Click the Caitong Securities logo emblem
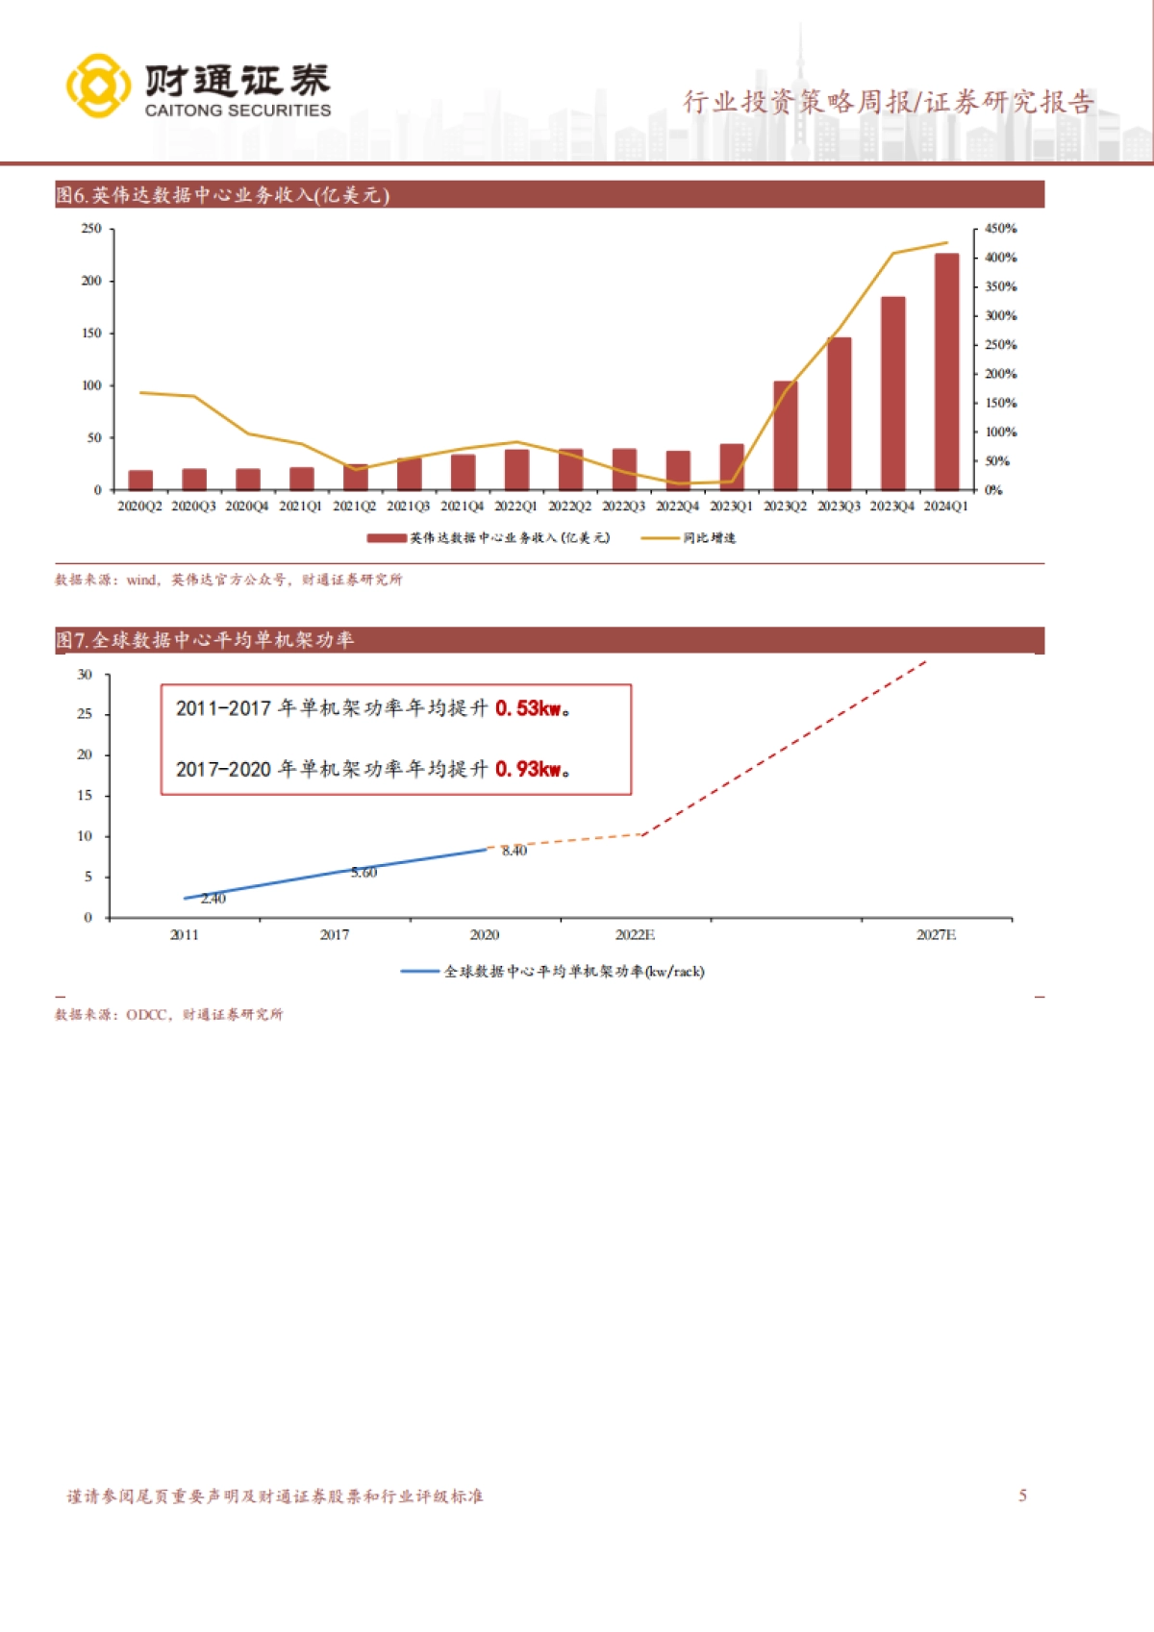pyautogui.click(x=98, y=86)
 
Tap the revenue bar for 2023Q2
pyautogui.click(x=785, y=435)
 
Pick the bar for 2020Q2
pyautogui.click(x=140, y=480)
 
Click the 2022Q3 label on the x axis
pyautogui.click(x=623, y=507)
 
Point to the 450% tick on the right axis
pyautogui.click(x=1000, y=229)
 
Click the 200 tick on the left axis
pyautogui.click(x=91, y=281)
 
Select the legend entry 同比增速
pyautogui.click(x=710, y=538)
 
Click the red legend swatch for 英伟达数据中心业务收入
pyautogui.click(x=386, y=538)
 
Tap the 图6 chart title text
pyautogui.click(x=222, y=195)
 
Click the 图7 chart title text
pyautogui.click(x=205, y=640)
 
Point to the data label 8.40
pyautogui.click(x=514, y=851)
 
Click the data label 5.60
pyautogui.click(x=364, y=873)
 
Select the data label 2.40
pyautogui.click(x=213, y=899)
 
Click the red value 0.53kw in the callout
pyautogui.click(x=528, y=708)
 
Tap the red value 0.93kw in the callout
pyautogui.click(x=528, y=769)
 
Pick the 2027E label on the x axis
pyautogui.click(x=936, y=934)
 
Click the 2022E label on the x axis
pyautogui.click(x=635, y=934)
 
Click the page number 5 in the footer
pyautogui.click(x=1023, y=1496)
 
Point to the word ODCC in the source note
pyautogui.click(x=147, y=1014)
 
